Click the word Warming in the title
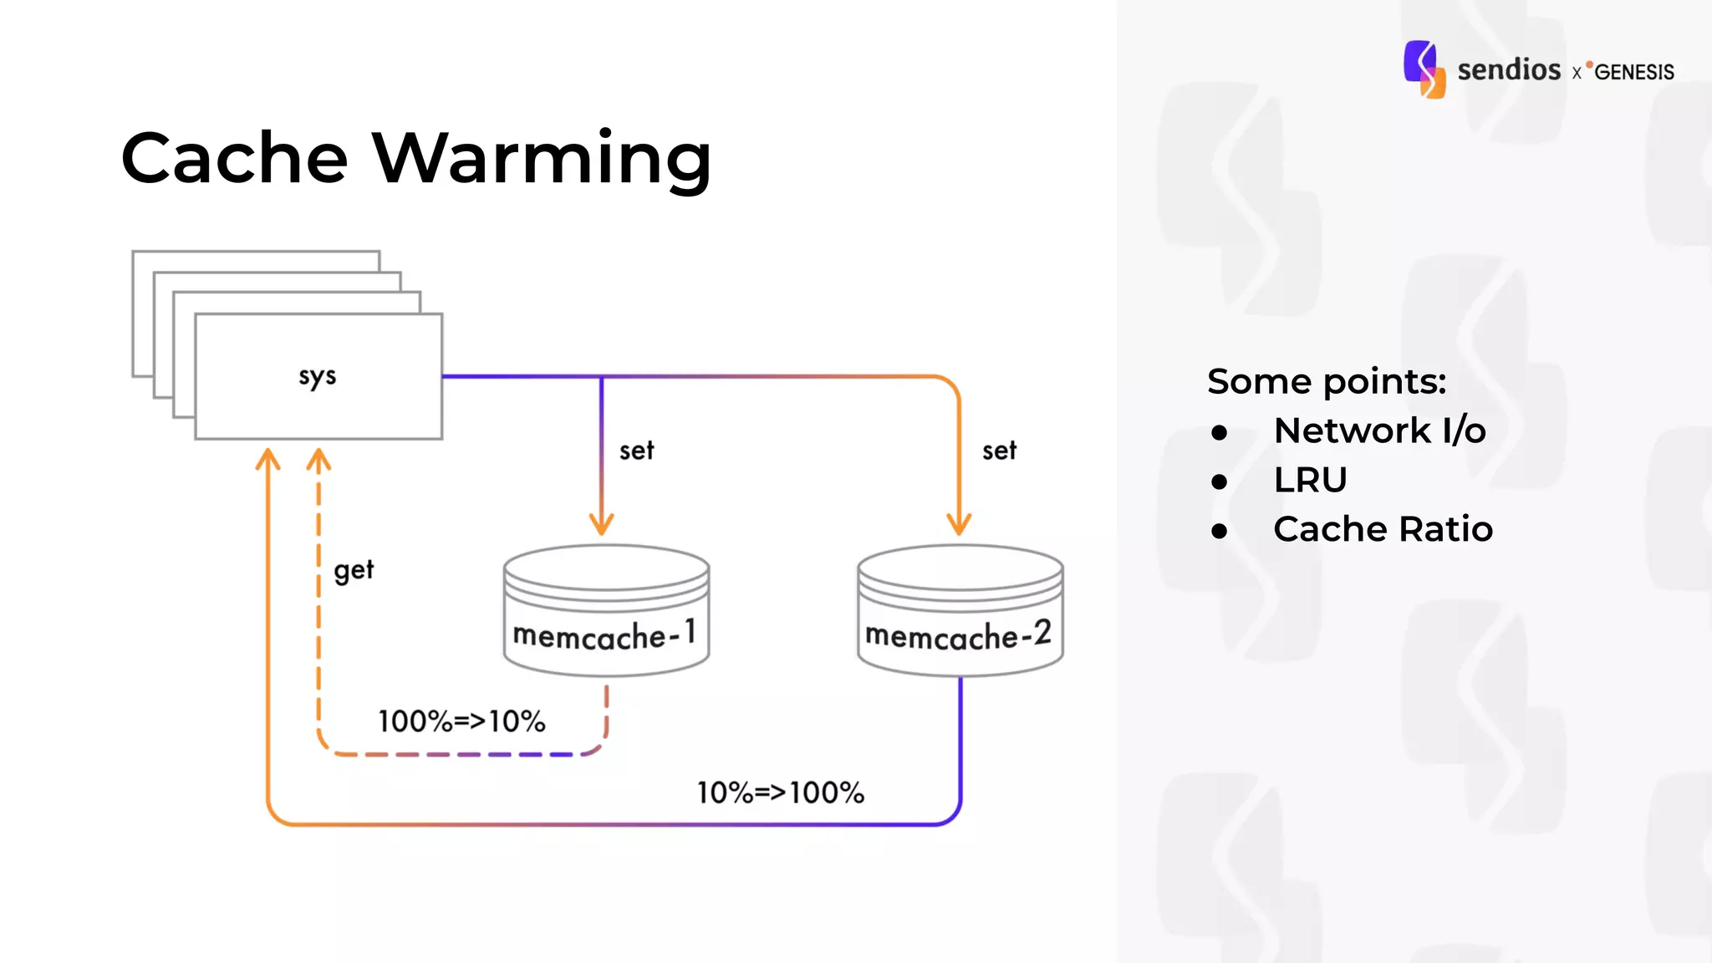pyautogui.click(x=542, y=159)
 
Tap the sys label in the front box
pyautogui.click(x=318, y=377)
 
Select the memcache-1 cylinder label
pyautogui.click(x=604, y=635)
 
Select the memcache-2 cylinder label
pyautogui.click(x=958, y=635)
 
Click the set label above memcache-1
pyautogui.click(x=636, y=451)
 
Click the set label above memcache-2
pyautogui.click(x=999, y=451)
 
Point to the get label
pyautogui.click(x=354, y=571)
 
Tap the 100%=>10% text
pyautogui.click(x=461, y=721)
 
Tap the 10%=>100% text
pyautogui.click(x=781, y=792)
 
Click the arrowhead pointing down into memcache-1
pyautogui.click(x=602, y=524)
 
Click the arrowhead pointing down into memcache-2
pyautogui.click(x=959, y=524)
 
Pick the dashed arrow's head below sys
pyautogui.click(x=318, y=460)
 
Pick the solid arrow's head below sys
pyautogui.click(x=267, y=460)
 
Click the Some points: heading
pyautogui.click(x=1327, y=381)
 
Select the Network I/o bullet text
pyautogui.click(x=1379, y=431)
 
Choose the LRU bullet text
pyautogui.click(x=1310, y=480)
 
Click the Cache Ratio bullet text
pyautogui.click(x=1383, y=529)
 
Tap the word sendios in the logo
pyautogui.click(x=1509, y=69)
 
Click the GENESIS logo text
pyautogui.click(x=1633, y=72)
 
